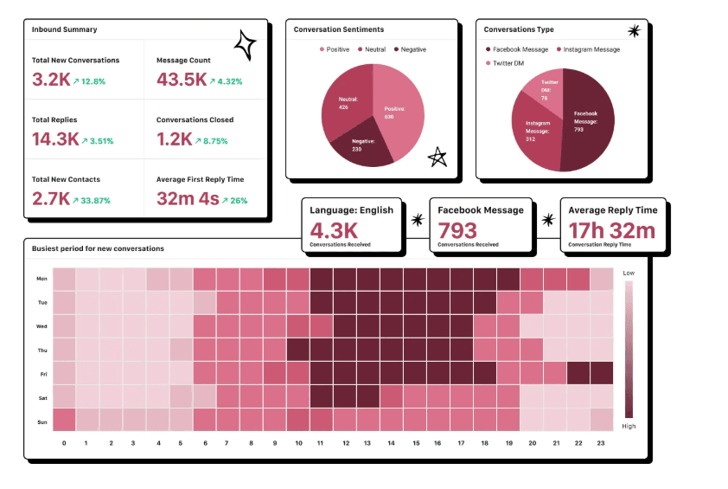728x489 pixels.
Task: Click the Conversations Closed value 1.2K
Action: (175, 139)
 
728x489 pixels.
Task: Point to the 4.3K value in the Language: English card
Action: (334, 231)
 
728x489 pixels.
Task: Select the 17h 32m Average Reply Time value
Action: (612, 231)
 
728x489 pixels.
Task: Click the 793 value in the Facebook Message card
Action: (457, 231)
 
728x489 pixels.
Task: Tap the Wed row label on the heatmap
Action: (42, 326)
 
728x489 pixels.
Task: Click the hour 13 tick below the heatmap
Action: (367, 442)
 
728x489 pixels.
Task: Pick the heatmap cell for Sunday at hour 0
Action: (65, 420)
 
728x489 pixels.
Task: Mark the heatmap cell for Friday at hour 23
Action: (601, 373)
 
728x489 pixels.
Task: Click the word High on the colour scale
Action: (629, 427)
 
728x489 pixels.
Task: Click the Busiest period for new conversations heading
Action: (98, 248)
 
